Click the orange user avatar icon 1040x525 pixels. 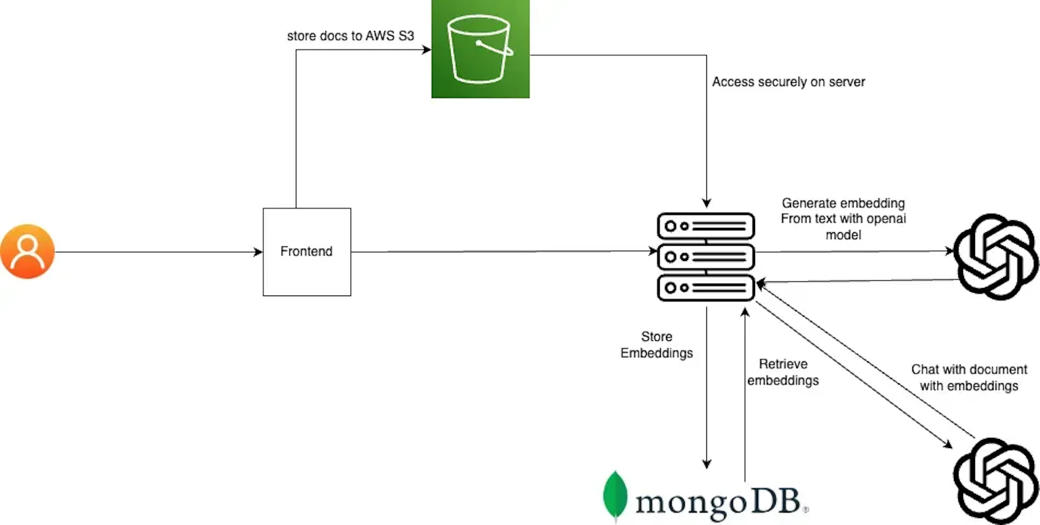(x=27, y=252)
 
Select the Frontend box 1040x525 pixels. (x=307, y=252)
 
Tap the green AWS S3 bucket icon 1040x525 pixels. (x=480, y=49)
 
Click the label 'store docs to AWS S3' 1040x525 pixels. (x=350, y=36)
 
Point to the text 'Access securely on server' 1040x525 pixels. (x=788, y=82)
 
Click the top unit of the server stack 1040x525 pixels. (x=706, y=226)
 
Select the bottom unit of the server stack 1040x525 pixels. (x=706, y=288)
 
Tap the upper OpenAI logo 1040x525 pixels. (x=996, y=257)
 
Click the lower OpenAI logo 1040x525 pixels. (x=996, y=481)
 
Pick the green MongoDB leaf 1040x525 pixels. (x=615, y=495)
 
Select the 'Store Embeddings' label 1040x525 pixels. (x=656, y=345)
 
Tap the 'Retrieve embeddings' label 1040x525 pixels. (x=783, y=372)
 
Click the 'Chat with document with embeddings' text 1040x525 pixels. (x=968, y=377)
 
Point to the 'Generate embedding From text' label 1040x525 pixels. (x=843, y=219)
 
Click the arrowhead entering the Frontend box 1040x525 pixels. (x=258, y=252)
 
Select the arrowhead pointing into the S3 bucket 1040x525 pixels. (x=427, y=50)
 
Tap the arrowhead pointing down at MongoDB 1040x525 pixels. (x=707, y=464)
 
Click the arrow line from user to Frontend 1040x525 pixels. (x=157, y=252)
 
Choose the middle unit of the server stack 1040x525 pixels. (x=706, y=257)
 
